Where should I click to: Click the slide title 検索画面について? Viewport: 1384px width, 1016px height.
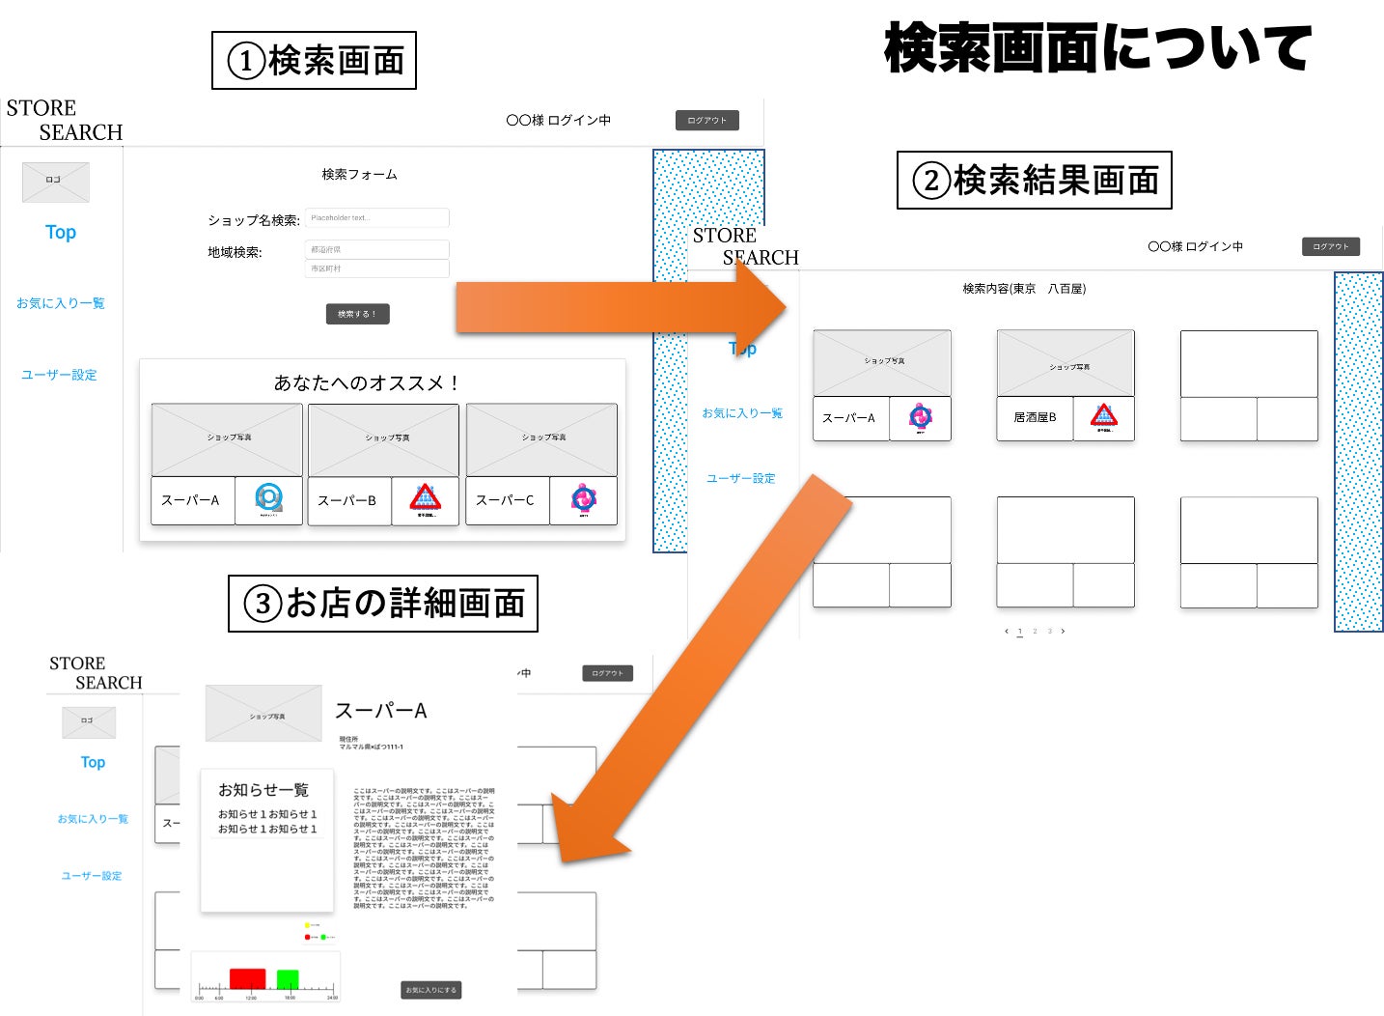pyautogui.click(x=1097, y=47)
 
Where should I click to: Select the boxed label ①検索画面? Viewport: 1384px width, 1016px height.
pyautogui.click(x=314, y=61)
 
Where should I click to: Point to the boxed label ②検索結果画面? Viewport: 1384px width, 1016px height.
pyautogui.click(x=1034, y=181)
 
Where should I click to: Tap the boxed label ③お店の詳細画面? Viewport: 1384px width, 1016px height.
pyautogui.click(x=382, y=604)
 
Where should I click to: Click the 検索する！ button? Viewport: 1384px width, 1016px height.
pyautogui.click(x=357, y=314)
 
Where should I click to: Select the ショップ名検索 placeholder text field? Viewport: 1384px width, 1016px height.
pyautogui.click(x=376, y=218)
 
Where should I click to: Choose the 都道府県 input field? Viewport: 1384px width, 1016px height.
pyautogui.click(x=376, y=249)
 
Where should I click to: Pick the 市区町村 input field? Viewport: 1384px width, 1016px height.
pyautogui.click(x=376, y=268)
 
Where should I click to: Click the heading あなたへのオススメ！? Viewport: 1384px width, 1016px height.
pyautogui.click(x=366, y=382)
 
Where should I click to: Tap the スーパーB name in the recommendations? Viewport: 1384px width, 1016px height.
pyautogui.click(x=347, y=500)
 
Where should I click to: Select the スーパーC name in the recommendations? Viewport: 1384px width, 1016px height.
pyautogui.click(x=505, y=500)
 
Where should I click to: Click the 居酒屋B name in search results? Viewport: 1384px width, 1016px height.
pyautogui.click(x=1035, y=417)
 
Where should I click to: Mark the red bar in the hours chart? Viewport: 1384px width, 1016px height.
pyautogui.click(x=247, y=979)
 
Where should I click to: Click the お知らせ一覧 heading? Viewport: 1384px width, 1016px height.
pyautogui.click(x=263, y=790)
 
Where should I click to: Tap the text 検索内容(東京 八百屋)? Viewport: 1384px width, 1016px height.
pyautogui.click(x=1024, y=289)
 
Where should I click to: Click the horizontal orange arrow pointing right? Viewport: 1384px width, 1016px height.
pyautogui.click(x=618, y=307)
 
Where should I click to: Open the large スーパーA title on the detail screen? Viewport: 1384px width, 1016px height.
pyautogui.click(x=380, y=711)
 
